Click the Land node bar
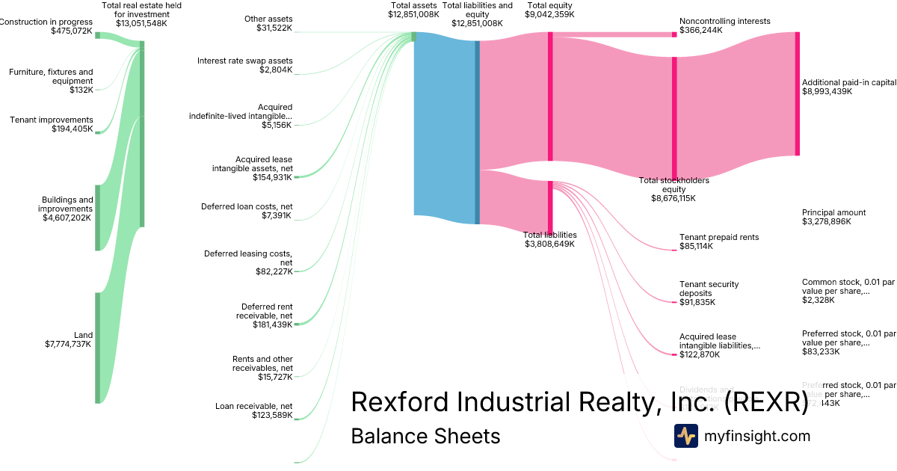tap(97, 348)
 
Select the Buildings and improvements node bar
tap(97, 218)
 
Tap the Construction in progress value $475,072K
tap(72, 31)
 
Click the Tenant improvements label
tap(51, 120)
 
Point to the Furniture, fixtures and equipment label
tap(51, 76)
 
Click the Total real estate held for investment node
tap(142, 134)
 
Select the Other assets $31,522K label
tap(268, 23)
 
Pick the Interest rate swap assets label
tap(244, 61)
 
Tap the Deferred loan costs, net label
tap(247, 206)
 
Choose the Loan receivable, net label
tap(253, 406)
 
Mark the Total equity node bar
tap(550, 96)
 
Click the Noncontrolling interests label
tap(724, 22)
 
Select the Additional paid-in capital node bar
tap(797, 93)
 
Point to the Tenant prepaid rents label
tap(718, 237)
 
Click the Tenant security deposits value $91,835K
tap(697, 302)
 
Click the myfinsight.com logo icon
tap(685, 436)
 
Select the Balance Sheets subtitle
tap(425, 436)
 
